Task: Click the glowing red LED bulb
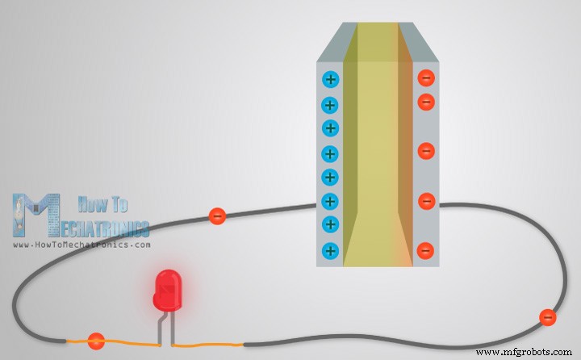pyautogui.click(x=167, y=291)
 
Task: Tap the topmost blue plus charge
pyautogui.click(x=329, y=79)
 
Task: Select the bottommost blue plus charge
pyautogui.click(x=329, y=250)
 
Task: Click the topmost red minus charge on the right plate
pyautogui.click(x=426, y=78)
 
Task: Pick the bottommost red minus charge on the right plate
pyautogui.click(x=426, y=249)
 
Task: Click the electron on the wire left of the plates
pyautogui.click(x=216, y=216)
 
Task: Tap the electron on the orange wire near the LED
pyautogui.click(x=96, y=341)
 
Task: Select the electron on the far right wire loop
pyautogui.click(x=547, y=317)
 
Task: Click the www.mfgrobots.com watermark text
pyautogui.click(x=522, y=353)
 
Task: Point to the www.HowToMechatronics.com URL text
pyautogui.click(x=82, y=244)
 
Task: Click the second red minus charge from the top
pyautogui.click(x=426, y=103)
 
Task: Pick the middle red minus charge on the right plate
pyautogui.click(x=426, y=151)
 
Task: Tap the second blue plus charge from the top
pyautogui.click(x=329, y=105)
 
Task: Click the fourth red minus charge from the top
pyautogui.click(x=426, y=200)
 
